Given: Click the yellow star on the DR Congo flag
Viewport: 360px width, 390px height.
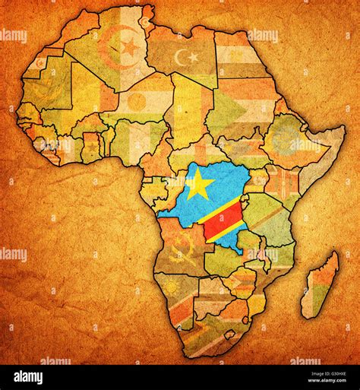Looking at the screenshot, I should [x=198, y=185].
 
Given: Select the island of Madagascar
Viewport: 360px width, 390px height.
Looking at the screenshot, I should [x=318, y=286].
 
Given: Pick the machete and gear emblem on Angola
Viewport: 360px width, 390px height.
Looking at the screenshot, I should [x=182, y=249].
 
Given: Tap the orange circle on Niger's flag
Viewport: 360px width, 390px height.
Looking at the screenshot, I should [x=137, y=100].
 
